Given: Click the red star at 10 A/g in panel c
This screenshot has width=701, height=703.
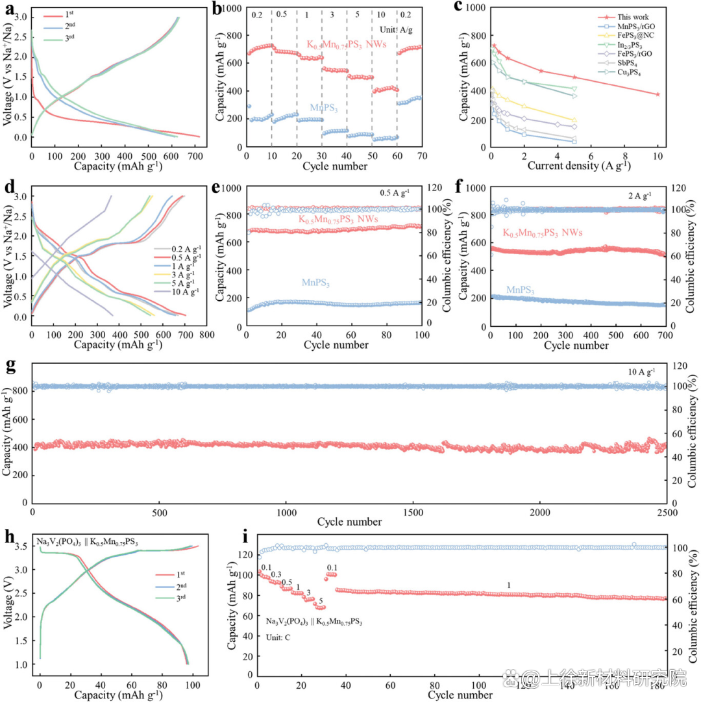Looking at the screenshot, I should [x=658, y=94].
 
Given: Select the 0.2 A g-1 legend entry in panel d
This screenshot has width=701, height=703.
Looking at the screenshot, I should [x=185, y=249].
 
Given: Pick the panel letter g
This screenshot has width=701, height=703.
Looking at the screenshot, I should [x=8, y=364].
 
